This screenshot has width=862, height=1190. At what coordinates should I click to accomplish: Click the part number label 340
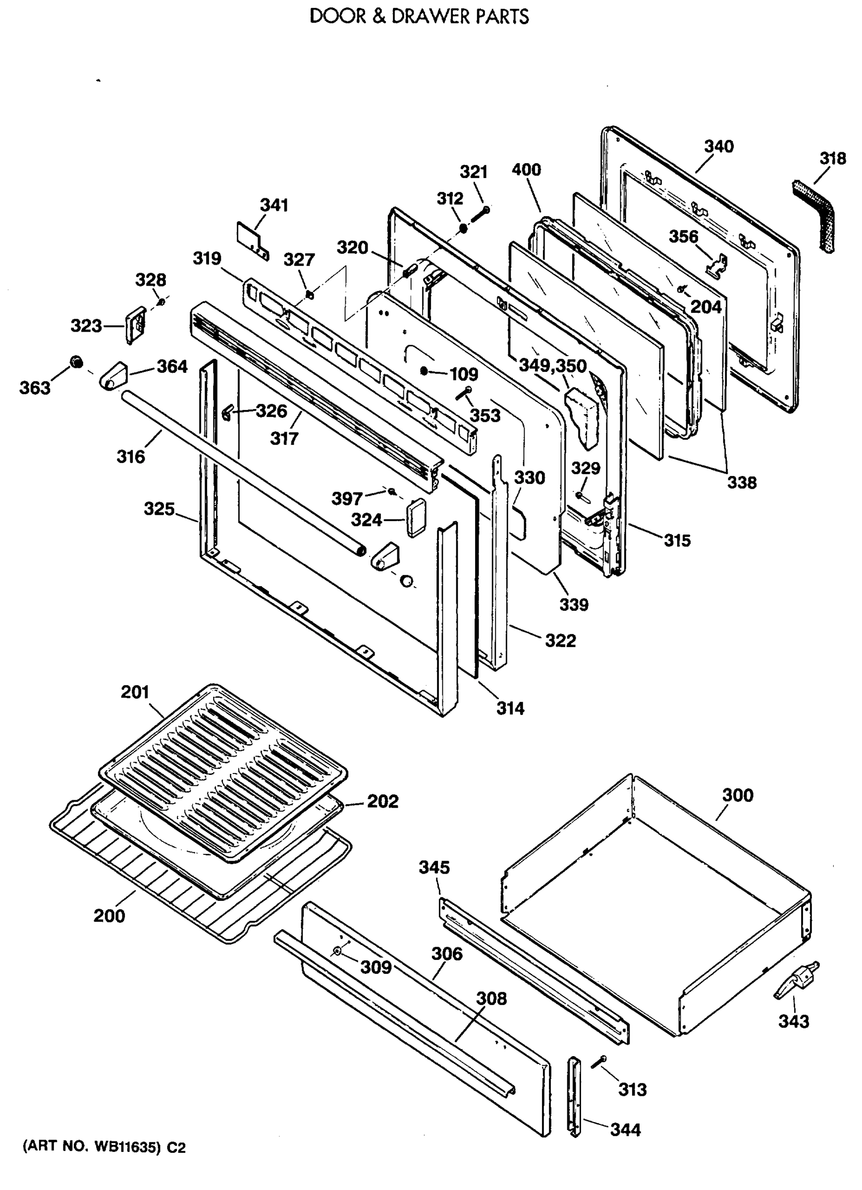coord(718,146)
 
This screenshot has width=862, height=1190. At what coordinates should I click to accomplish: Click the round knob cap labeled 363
coord(77,361)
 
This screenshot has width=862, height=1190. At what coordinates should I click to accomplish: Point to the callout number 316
coord(131,457)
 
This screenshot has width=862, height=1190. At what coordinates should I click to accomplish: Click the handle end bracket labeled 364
coord(113,376)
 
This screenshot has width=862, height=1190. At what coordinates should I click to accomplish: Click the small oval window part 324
coord(416,517)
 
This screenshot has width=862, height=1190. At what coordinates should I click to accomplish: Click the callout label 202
coord(382,801)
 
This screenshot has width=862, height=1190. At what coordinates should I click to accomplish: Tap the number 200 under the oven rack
coord(109,916)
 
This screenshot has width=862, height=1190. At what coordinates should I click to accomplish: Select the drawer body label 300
coord(737,795)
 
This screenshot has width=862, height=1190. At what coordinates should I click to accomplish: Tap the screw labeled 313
coord(599,1062)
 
